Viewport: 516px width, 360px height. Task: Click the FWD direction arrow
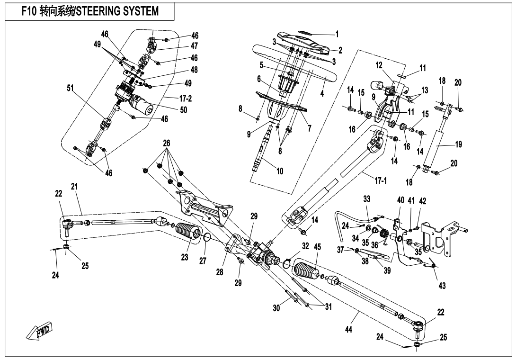tap(39, 330)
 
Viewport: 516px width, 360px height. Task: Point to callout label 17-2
tap(185, 98)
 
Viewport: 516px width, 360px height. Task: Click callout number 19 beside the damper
tap(458, 144)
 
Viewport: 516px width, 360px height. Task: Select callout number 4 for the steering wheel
tap(322, 93)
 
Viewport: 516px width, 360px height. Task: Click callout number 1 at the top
tap(337, 34)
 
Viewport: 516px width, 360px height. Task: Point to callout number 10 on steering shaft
tap(279, 171)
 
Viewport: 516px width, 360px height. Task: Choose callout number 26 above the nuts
tap(167, 143)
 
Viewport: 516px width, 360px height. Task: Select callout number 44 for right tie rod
tap(348, 329)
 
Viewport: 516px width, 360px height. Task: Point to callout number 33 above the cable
tap(366, 198)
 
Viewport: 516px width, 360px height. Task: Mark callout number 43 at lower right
tap(442, 285)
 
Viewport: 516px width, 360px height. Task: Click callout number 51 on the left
tap(70, 88)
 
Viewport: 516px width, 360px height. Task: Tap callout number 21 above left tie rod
tap(74, 187)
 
